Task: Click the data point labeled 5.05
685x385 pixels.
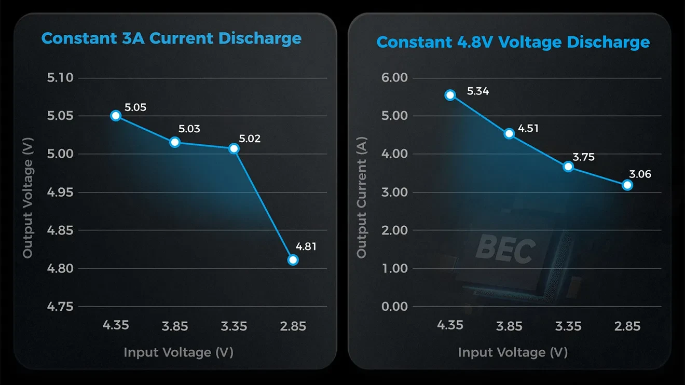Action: [x=116, y=116]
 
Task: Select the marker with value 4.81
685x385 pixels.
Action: [x=293, y=260]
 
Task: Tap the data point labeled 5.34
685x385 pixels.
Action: [x=450, y=95]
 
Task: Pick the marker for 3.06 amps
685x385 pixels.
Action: [x=627, y=185]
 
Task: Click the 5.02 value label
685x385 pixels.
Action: [x=250, y=139]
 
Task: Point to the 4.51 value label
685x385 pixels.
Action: [x=528, y=128]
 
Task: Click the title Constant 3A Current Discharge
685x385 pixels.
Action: [x=171, y=38]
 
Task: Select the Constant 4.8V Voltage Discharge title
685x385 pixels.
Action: [x=513, y=42]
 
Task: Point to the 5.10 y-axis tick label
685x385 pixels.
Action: [x=61, y=78]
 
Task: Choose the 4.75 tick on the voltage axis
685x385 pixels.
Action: [x=61, y=306]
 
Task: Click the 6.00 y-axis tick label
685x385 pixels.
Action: [x=395, y=78]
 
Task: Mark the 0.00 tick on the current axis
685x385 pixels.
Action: [x=395, y=306]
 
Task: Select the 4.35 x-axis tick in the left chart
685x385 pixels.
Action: [x=116, y=325]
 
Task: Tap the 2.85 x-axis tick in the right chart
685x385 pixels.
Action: [x=627, y=326]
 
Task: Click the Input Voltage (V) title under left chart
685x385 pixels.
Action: [x=179, y=352]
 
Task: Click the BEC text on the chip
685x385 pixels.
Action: [x=505, y=249]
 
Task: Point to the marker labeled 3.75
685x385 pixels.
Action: [x=568, y=167]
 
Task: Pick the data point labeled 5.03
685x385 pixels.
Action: [x=175, y=142]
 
